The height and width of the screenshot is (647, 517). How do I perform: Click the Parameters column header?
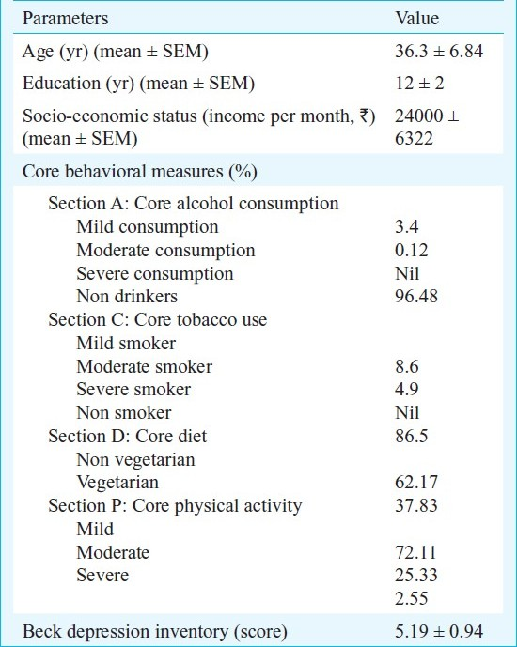(65, 19)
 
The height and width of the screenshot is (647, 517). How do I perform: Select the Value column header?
(417, 19)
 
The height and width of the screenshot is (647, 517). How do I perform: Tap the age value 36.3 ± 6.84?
(439, 51)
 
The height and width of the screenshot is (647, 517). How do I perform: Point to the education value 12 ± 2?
(419, 83)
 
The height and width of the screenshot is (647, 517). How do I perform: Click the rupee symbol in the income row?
(365, 116)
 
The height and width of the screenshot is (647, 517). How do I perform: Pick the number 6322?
(414, 138)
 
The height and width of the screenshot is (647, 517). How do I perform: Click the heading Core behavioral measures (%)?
(140, 172)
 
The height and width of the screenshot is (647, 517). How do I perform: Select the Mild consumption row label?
(148, 227)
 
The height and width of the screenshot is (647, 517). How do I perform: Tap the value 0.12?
(412, 251)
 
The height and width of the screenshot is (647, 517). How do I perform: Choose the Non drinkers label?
(127, 296)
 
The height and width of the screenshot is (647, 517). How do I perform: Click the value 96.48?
(416, 296)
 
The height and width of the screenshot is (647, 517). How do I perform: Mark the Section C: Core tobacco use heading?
(158, 320)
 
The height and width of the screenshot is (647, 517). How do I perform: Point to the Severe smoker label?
(133, 389)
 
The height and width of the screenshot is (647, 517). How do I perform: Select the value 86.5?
(412, 436)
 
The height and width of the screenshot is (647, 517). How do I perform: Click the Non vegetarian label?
(136, 460)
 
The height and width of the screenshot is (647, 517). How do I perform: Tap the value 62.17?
(416, 482)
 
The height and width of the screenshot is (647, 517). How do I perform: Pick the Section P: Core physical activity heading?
(175, 506)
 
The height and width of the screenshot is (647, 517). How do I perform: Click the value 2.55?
(412, 598)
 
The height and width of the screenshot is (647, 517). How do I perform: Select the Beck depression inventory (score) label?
(155, 632)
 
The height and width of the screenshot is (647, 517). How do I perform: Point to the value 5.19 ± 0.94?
(439, 631)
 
